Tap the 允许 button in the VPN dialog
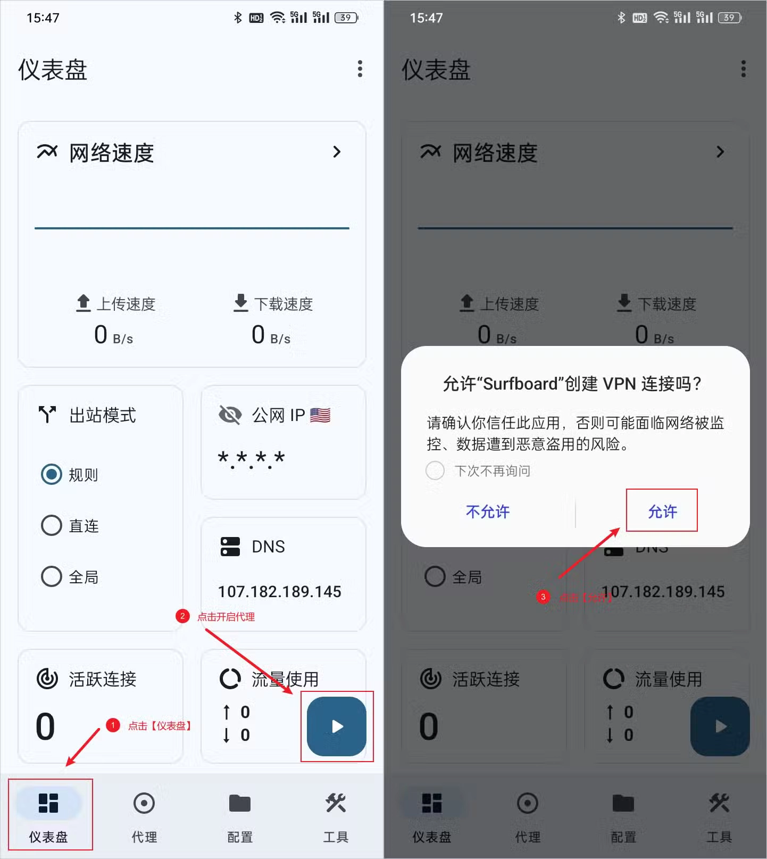(662, 511)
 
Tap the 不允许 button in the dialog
(487, 511)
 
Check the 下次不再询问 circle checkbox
(435, 470)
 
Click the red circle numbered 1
(113, 725)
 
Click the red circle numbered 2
(182, 616)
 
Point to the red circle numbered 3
(543, 597)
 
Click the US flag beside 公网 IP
(320, 415)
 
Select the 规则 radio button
(52, 474)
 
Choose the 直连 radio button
(52, 525)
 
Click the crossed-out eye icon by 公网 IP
(230, 415)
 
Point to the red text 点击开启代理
(226, 617)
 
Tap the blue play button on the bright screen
(337, 726)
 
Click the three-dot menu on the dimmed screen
(743, 69)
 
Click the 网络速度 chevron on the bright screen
(337, 152)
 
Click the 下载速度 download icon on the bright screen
(241, 302)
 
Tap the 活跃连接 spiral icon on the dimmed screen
(430, 679)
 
